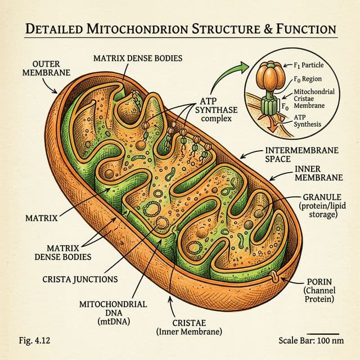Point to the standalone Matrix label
tap(39, 216)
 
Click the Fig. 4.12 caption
tap(26, 340)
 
